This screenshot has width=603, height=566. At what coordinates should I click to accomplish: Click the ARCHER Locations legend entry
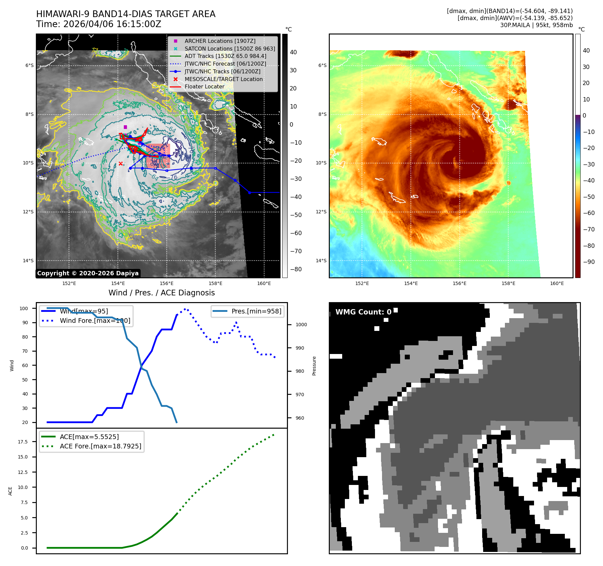point(220,41)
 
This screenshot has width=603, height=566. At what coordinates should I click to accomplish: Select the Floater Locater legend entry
point(204,86)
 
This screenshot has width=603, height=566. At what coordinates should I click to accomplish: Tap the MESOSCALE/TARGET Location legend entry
point(223,79)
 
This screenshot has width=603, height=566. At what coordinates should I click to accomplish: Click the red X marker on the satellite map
point(121,163)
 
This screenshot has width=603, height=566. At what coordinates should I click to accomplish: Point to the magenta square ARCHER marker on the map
point(125,127)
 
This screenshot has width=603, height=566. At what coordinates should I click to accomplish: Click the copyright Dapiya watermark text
point(88,273)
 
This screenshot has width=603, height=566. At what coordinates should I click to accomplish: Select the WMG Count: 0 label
point(363,312)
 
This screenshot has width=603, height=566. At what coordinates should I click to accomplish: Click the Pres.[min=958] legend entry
point(256,311)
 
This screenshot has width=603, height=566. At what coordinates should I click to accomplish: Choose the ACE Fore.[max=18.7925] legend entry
point(100,446)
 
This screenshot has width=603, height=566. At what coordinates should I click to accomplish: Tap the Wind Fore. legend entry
point(95,321)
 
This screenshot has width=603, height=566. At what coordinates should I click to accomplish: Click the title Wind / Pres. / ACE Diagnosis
point(162,293)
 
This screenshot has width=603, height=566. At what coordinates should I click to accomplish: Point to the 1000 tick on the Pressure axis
point(301,325)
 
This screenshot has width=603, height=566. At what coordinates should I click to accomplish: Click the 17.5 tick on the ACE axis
point(23,442)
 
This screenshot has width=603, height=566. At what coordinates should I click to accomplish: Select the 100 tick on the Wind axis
point(24,308)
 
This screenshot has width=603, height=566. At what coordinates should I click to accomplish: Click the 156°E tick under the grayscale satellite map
point(166,283)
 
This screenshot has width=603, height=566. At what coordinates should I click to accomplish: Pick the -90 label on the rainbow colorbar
point(589,262)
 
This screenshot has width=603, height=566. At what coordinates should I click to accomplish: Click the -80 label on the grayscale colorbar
point(296,269)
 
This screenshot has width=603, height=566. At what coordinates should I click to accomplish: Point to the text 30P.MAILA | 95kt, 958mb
point(536,25)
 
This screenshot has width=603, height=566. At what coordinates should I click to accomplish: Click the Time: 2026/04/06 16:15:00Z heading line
point(99,24)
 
